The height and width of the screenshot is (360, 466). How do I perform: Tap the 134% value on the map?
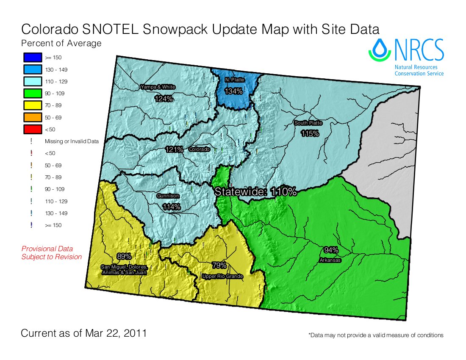click(x=233, y=91)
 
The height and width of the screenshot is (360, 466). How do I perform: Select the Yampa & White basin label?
click(x=158, y=87)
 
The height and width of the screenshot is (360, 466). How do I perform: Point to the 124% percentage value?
click(x=164, y=99)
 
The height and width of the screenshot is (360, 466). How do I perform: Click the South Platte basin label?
click(x=308, y=123)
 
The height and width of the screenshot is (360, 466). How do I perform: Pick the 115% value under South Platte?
click(x=310, y=134)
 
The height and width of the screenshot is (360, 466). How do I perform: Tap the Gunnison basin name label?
click(x=168, y=196)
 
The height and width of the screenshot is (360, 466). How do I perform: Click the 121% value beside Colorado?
click(x=174, y=150)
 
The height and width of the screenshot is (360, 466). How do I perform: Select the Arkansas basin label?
click(x=330, y=260)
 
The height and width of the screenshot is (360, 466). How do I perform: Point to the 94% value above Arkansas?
click(x=331, y=250)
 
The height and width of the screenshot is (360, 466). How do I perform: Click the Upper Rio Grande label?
click(x=222, y=277)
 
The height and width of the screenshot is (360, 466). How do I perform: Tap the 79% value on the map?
click(x=219, y=266)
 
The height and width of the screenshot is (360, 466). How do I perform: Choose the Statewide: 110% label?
click(x=255, y=191)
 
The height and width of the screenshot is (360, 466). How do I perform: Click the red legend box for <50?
click(x=32, y=129)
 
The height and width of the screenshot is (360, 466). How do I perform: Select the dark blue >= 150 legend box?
click(x=32, y=57)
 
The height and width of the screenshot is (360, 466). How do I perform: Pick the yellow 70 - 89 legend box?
click(x=32, y=105)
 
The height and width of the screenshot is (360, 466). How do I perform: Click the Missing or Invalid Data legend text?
click(x=72, y=141)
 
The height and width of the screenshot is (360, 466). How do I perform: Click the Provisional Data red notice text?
click(x=47, y=249)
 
